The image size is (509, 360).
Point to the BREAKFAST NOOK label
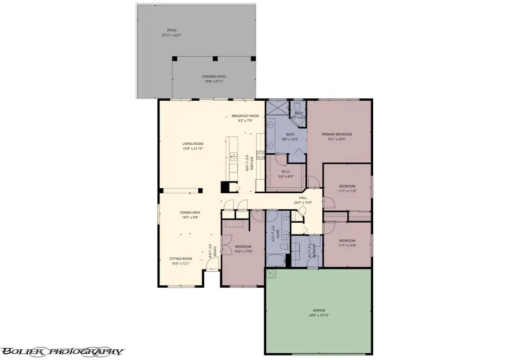(x=249, y=115)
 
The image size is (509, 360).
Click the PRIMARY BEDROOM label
(x=337, y=134)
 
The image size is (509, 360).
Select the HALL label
(x=303, y=198)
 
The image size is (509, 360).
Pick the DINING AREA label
(x=191, y=212)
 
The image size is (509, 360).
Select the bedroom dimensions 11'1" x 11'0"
(x=347, y=191)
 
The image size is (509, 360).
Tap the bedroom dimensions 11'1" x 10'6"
(x=347, y=245)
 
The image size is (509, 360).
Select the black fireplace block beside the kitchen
(x=225, y=187)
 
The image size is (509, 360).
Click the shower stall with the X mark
(x=277, y=107)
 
